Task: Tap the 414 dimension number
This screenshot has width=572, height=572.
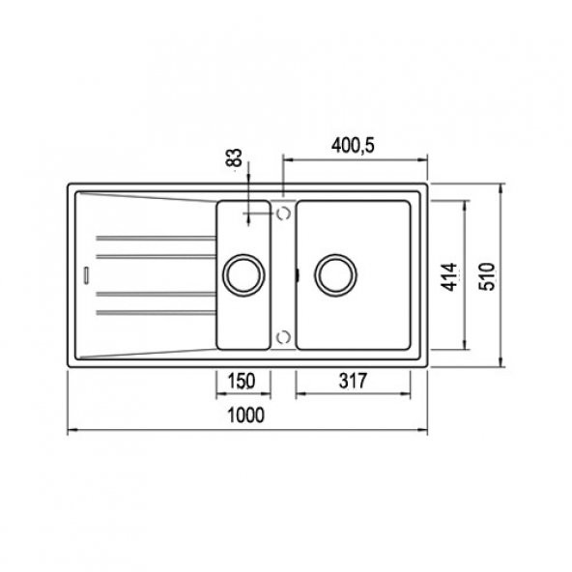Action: (x=448, y=275)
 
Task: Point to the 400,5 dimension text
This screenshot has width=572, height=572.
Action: (x=354, y=144)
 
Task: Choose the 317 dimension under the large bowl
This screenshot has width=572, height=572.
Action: (x=354, y=380)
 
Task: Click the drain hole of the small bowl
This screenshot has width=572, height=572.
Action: (x=242, y=273)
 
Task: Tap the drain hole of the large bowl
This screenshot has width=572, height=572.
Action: (x=335, y=274)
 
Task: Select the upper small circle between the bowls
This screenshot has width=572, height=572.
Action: (x=284, y=212)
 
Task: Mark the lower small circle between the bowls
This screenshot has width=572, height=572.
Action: (x=283, y=335)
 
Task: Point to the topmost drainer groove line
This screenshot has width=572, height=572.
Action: (x=155, y=236)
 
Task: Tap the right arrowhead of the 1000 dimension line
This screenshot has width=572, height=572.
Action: (x=423, y=430)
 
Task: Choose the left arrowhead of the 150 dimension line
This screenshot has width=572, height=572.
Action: (x=216, y=394)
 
